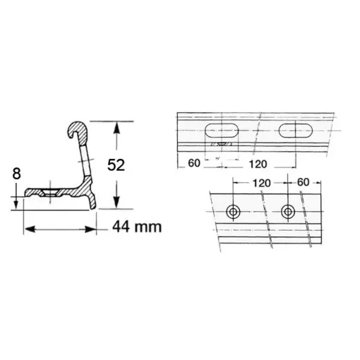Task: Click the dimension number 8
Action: (18, 174)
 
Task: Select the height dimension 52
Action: (135, 166)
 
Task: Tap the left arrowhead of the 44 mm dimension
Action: (29, 227)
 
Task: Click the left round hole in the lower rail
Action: (234, 212)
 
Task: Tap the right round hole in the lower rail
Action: (287, 212)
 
